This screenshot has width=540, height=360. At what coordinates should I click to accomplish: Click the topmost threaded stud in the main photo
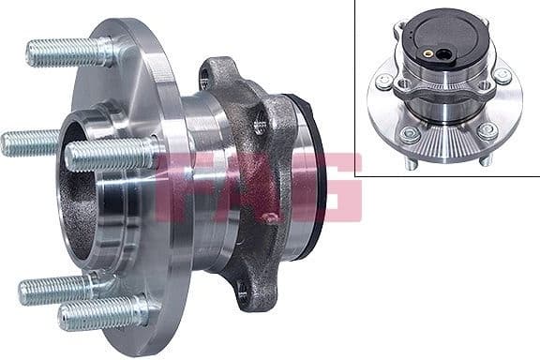tap(66, 52)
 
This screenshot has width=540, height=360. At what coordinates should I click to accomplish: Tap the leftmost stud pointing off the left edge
tap(28, 143)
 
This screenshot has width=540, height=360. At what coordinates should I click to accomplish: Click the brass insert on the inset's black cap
tap(429, 52)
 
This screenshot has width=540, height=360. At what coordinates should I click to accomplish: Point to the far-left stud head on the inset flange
tap(382, 82)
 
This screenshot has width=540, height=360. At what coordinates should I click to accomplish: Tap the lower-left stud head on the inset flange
tap(409, 135)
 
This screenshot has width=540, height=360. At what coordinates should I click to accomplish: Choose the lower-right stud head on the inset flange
tap(487, 130)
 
